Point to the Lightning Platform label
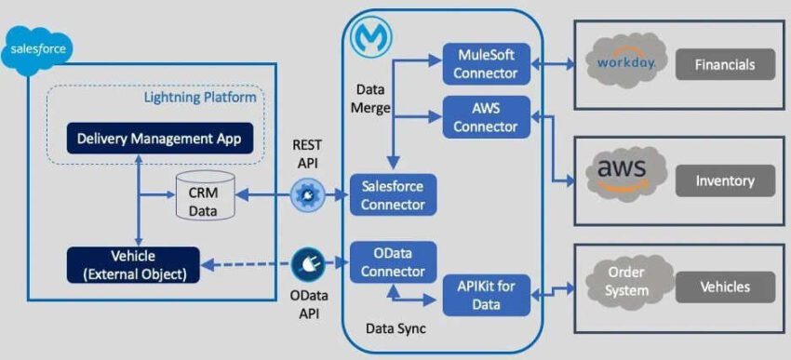pos(200,98)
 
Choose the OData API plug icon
pos(306,264)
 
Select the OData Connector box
pos(392,263)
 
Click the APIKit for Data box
pos(491,295)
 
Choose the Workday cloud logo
pos(624,64)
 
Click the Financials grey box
pos(734,65)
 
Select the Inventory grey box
pos(734,180)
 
